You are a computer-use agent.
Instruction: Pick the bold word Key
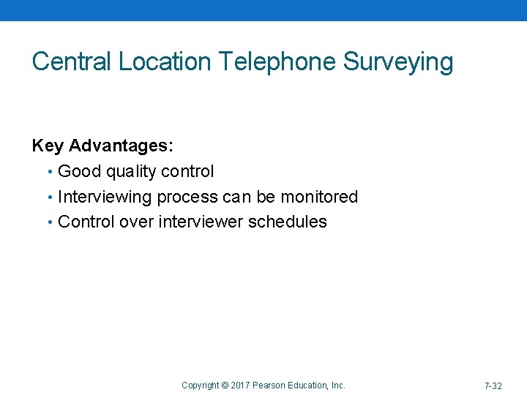pyautogui.click(x=48, y=146)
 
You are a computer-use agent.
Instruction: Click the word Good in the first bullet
pyautogui.click(x=79, y=172)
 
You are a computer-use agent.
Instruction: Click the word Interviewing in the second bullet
pyautogui.click(x=105, y=197)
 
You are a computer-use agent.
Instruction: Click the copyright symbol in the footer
pyautogui.click(x=225, y=385)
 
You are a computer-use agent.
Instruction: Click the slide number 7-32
pyautogui.click(x=493, y=385)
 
